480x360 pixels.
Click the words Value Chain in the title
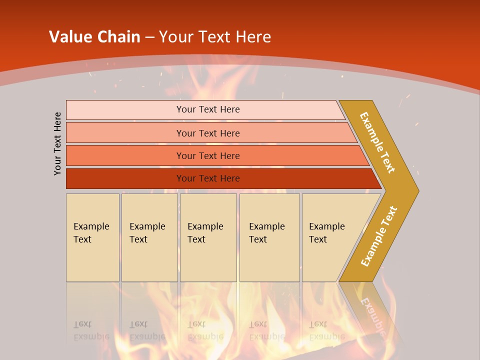pos(94,36)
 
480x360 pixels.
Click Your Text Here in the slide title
pos(215,36)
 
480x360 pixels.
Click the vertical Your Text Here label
pos(57,143)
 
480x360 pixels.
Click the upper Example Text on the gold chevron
pos(377,142)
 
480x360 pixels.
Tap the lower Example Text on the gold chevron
pos(378,236)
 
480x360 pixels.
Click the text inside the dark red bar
pos(208,178)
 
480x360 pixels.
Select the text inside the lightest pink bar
pos(208,109)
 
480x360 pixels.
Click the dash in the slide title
pos(149,36)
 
